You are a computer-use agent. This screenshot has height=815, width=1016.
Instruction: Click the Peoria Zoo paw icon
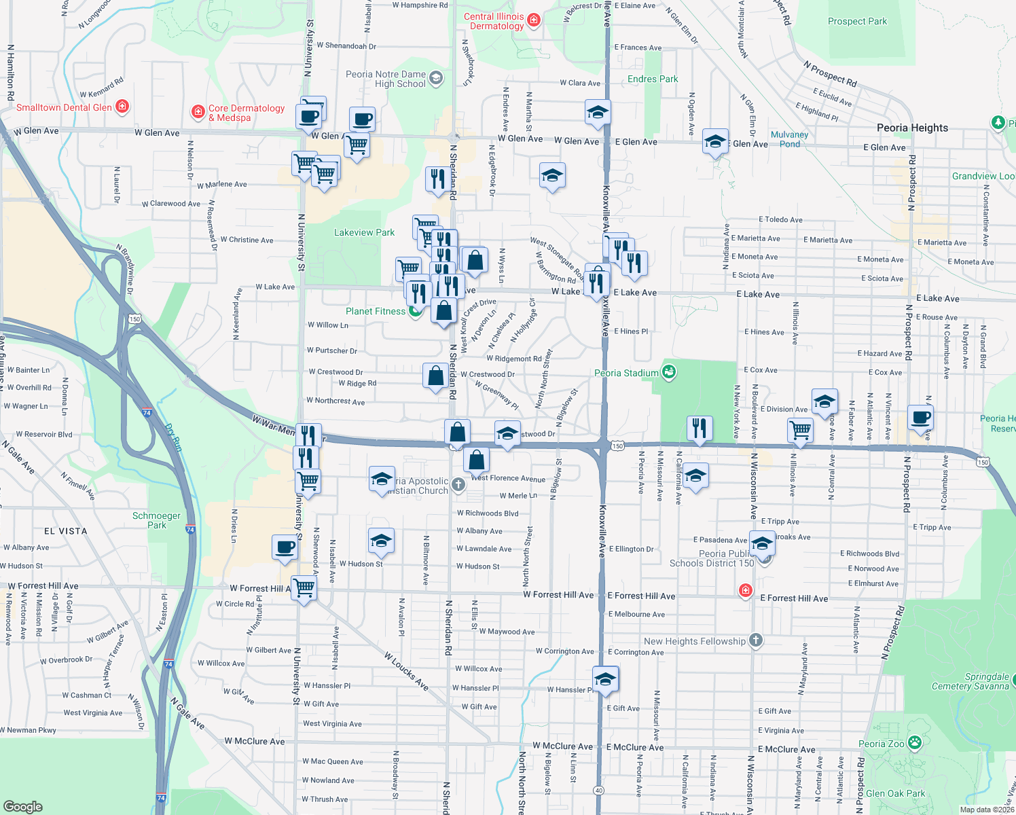coord(914,742)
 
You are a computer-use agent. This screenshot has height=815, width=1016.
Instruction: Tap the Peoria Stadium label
coord(626,373)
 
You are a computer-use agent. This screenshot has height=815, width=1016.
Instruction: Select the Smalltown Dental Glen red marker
coord(122,107)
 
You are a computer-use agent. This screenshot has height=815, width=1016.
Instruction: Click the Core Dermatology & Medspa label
coord(246,113)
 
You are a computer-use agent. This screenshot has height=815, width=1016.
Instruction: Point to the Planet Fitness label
coord(375,311)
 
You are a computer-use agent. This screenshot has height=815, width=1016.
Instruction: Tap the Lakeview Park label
coord(364,232)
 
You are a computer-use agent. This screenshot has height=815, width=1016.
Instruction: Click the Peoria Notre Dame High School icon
coord(436,78)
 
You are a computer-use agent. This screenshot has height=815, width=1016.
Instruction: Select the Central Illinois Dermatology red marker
coord(534,20)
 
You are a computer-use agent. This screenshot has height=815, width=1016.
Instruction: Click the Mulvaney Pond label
coord(789,139)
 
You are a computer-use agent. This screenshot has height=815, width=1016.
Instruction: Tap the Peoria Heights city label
coord(912,128)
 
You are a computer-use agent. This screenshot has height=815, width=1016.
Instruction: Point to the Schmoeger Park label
coord(156,520)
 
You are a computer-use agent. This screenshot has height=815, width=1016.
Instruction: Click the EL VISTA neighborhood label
coord(66,531)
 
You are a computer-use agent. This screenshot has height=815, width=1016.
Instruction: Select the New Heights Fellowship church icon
coord(755,640)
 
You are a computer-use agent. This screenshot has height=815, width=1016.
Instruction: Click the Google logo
coord(23,806)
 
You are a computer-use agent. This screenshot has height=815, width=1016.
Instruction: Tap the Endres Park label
coord(653,79)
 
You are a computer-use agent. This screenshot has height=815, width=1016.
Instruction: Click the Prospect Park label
coord(857,21)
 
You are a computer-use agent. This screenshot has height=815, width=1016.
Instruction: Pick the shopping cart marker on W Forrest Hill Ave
coord(304,587)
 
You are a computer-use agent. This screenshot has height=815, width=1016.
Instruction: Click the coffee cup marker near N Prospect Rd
coord(921,417)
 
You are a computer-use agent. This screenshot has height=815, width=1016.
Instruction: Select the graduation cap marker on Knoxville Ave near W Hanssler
coord(605,678)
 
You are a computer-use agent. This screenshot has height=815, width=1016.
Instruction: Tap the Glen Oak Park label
coord(895,793)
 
